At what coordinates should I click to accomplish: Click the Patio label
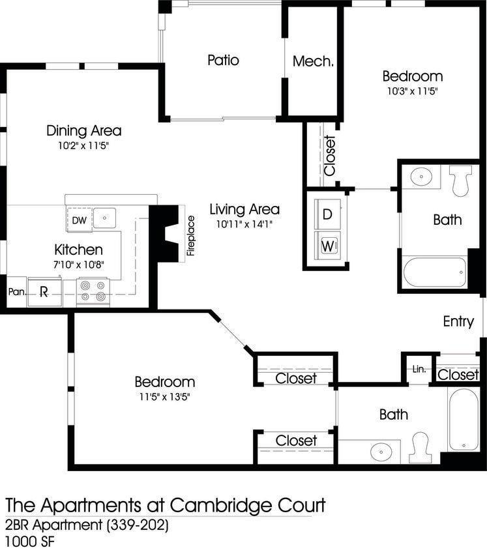[x=223, y=61]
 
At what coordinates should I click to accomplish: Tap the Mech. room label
[x=313, y=62]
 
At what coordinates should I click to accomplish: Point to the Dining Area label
[x=83, y=130]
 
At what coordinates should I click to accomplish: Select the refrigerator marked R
[x=44, y=292]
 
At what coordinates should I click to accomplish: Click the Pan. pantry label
[x=16, y=293]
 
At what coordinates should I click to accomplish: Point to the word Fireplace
[x=191, y=236]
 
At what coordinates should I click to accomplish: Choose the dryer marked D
[x=327, y=214]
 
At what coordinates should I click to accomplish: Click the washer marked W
[x=327, y=246]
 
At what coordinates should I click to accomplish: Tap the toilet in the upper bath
[x=461, y=181]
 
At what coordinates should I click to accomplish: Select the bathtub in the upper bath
[x=435, y=272]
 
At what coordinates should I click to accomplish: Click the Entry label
[x=458, y=321]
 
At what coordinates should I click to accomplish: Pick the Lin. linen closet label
[x=419, y=369]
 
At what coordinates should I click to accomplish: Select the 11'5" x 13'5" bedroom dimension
[x=164, y=396]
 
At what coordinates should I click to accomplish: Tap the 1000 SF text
[x=27, y=541]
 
